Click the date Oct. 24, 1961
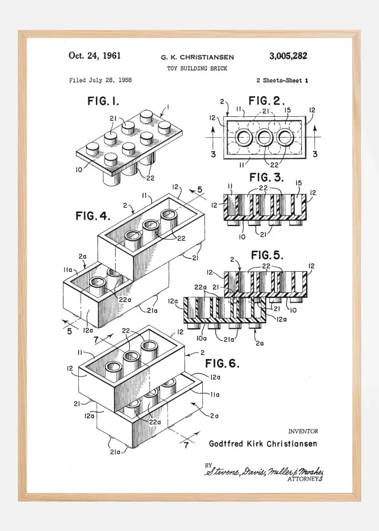95,56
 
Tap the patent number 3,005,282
288,56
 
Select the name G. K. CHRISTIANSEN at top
197,58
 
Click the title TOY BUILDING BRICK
197,69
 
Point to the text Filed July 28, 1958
100,80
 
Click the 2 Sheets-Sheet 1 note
282,80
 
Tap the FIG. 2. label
267,100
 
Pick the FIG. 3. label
266,177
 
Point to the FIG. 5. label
267,256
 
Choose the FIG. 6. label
222,363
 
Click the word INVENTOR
302,431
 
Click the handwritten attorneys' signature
264,471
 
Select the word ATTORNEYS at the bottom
305,478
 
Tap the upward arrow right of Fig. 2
314,132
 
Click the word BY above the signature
208,465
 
